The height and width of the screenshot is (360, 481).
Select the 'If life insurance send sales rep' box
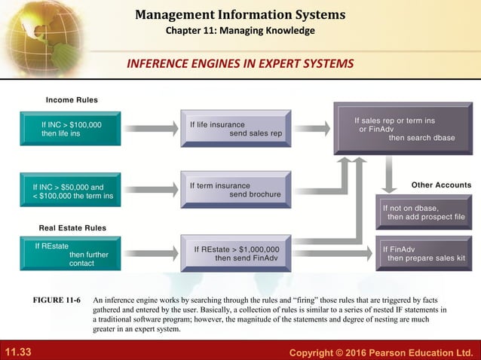point(234,129)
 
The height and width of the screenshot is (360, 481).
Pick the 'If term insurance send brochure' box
point(234,189)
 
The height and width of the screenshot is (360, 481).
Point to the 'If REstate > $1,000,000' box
point(234,254)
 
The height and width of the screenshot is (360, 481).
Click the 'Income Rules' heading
point(72,100)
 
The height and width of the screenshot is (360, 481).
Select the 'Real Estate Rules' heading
point(72,227)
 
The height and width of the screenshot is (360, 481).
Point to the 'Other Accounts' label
point(441,185)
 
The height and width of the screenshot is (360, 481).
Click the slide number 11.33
point(20,352)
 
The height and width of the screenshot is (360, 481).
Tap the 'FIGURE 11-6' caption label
point(57,300)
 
